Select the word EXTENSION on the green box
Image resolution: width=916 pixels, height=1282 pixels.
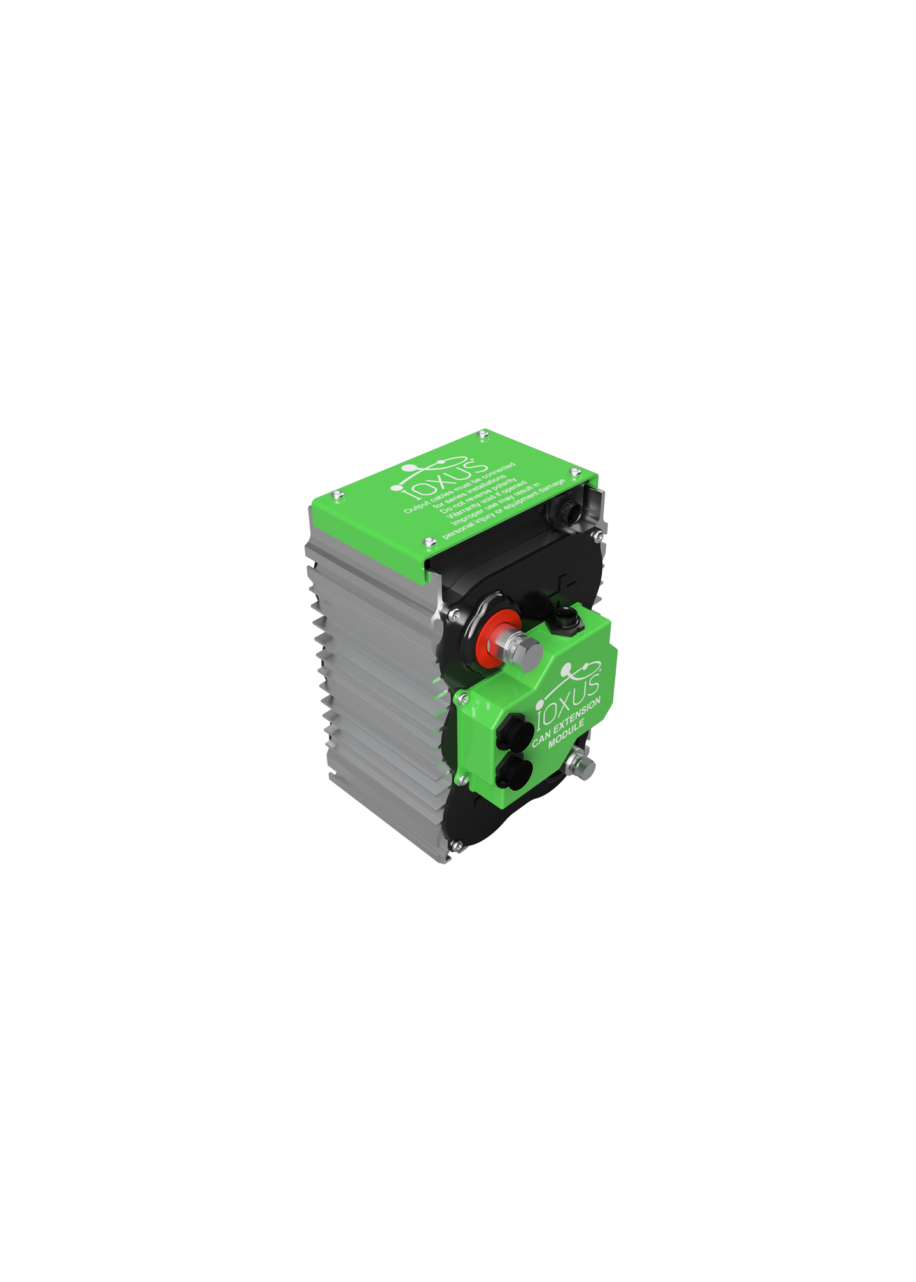coord(576,717)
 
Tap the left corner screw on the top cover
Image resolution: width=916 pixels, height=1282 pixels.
coord(337,493)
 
